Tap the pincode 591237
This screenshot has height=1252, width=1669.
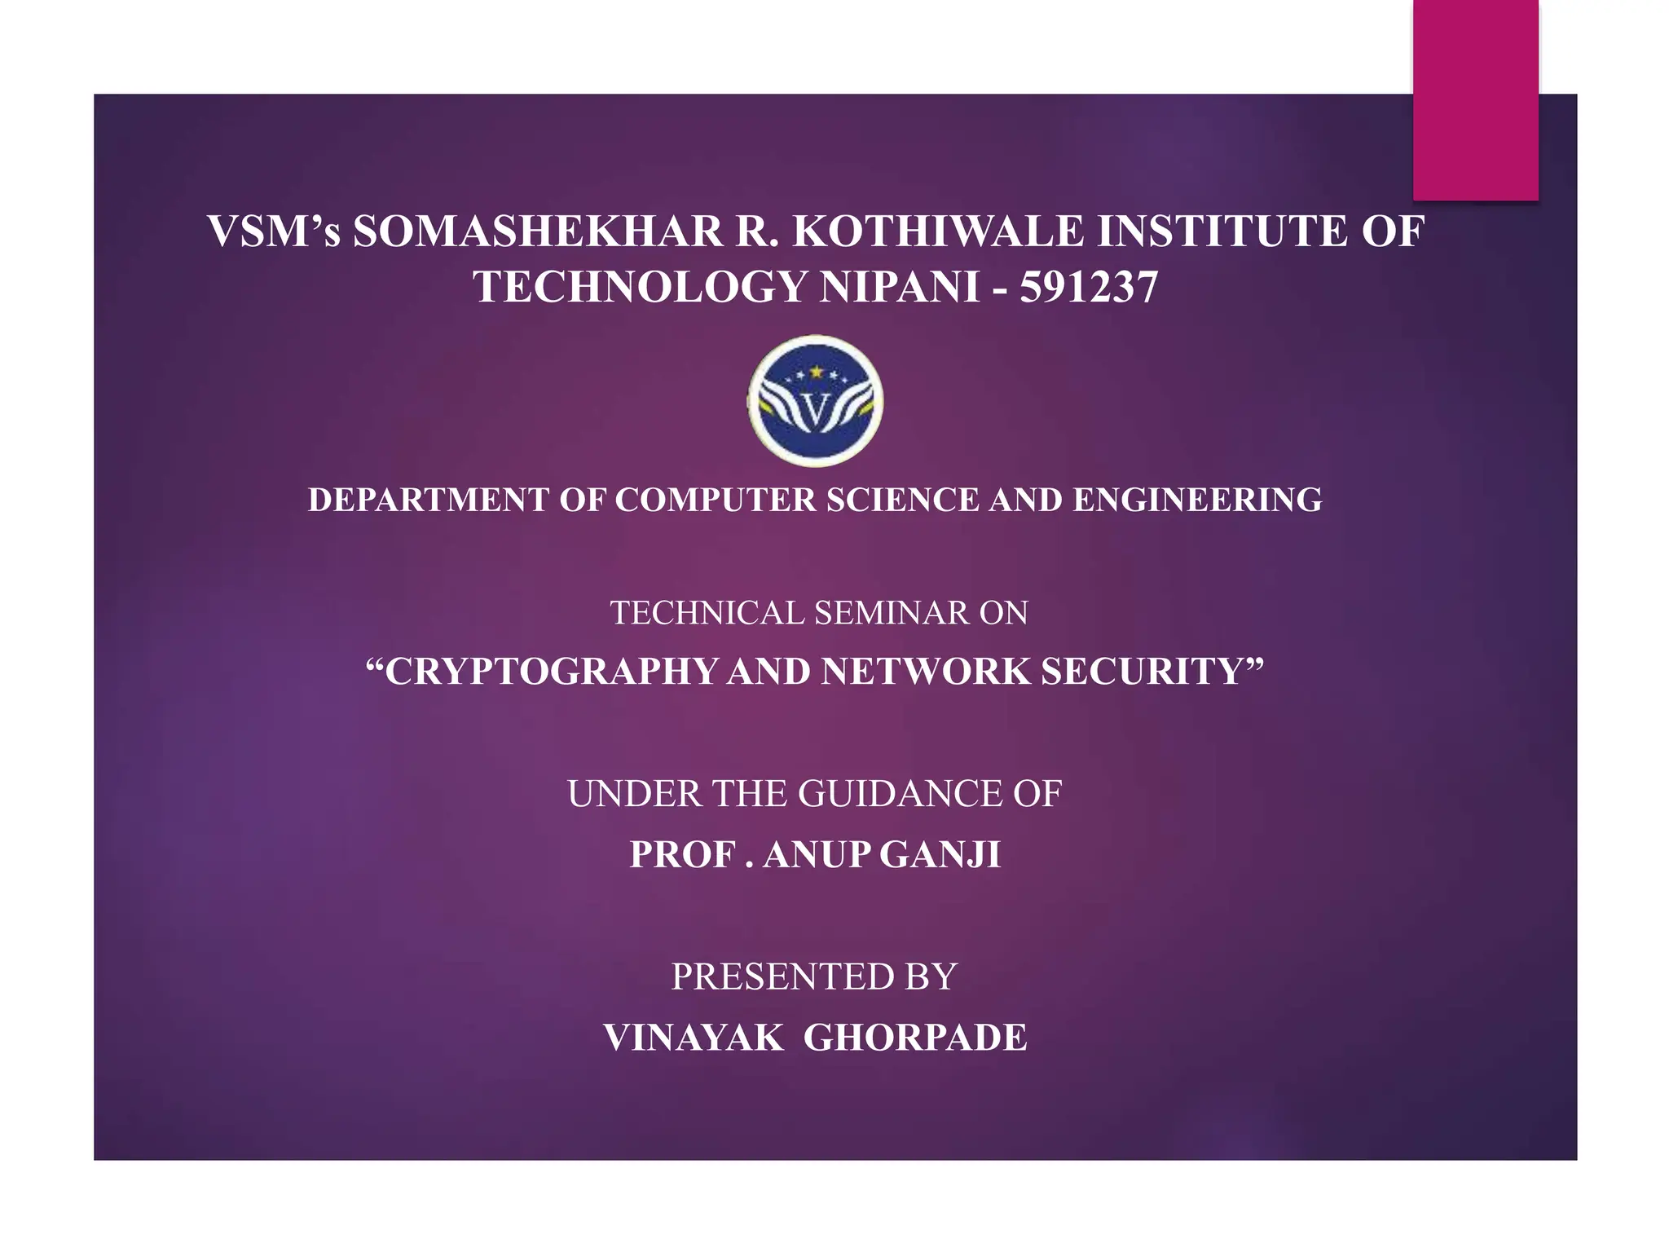point(1089,288)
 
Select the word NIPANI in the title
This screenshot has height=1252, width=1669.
point(899,288)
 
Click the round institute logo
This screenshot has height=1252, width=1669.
point(816,401)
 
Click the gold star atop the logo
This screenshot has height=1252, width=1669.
point(816,373)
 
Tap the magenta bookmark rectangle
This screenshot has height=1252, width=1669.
point(1475,99)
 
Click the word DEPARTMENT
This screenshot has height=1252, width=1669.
point(429,500)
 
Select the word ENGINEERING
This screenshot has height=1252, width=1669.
point(1197,500)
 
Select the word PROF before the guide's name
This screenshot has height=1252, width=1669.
point(681,854)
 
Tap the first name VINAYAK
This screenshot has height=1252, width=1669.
point(694,1038)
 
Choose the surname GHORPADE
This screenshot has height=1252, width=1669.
point(915,1038)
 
